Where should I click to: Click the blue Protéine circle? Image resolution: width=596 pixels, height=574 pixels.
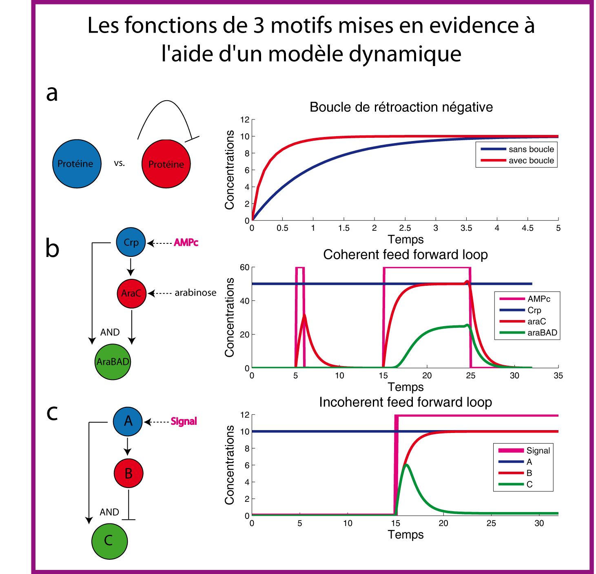(x=77, y=164)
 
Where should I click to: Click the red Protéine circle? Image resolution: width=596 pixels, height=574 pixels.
(x=166, y=164)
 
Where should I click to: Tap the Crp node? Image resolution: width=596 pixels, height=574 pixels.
(x=131, y=242)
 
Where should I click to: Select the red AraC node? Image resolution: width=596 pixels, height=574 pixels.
(x=131, y=293)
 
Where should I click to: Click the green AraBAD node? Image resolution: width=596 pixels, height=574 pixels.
(x=113, y=362)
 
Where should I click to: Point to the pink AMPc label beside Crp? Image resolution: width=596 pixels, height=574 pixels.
(x=186, y=243)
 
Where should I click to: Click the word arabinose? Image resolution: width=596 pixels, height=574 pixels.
(x=195, y=293)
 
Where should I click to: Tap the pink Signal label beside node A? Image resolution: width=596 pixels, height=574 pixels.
(x=184, y=421)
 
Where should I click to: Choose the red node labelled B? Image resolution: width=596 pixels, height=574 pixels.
(x=128, y=473)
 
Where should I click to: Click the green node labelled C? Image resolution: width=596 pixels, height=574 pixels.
(x=109, y=541)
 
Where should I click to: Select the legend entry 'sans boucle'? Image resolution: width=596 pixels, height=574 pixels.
(x=531, y=149)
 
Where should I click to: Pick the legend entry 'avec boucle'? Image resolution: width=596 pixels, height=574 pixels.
(x=531, y=161)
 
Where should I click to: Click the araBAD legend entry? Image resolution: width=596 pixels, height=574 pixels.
(x=542, y=333)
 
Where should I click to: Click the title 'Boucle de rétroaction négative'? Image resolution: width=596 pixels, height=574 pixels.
(x=401, y=107)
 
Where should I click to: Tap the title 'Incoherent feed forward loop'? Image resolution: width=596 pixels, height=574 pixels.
(x=405, y=402)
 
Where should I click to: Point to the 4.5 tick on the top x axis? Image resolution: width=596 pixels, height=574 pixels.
(x=527, y=228)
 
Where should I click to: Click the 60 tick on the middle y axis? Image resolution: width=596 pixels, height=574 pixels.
(x=244, y=267)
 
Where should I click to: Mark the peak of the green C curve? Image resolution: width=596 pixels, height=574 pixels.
(x=406, y=465)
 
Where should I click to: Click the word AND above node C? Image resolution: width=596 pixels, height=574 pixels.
(x=109, y=512)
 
